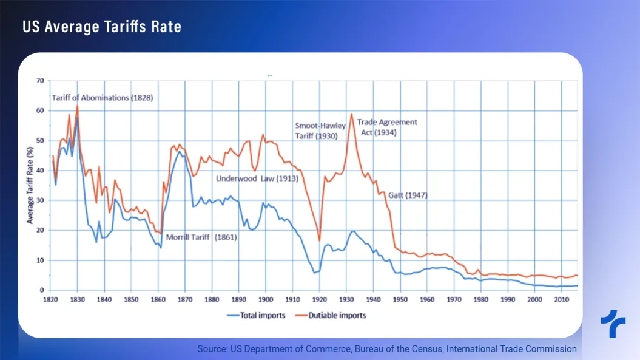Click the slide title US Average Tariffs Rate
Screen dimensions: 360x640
(102, 27)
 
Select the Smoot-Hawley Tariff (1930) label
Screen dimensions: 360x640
(321, 131)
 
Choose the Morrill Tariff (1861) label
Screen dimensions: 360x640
(201, 237)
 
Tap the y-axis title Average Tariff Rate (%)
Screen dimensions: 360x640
(30, 185)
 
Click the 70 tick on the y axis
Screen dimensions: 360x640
(40, 80)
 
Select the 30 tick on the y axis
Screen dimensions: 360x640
(40, 200)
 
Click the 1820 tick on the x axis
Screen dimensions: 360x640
(50, 300)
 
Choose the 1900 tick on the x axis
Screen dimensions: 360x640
(265, 300)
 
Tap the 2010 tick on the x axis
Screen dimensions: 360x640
(561, 300)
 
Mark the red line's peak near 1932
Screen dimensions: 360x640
(351, 114)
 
